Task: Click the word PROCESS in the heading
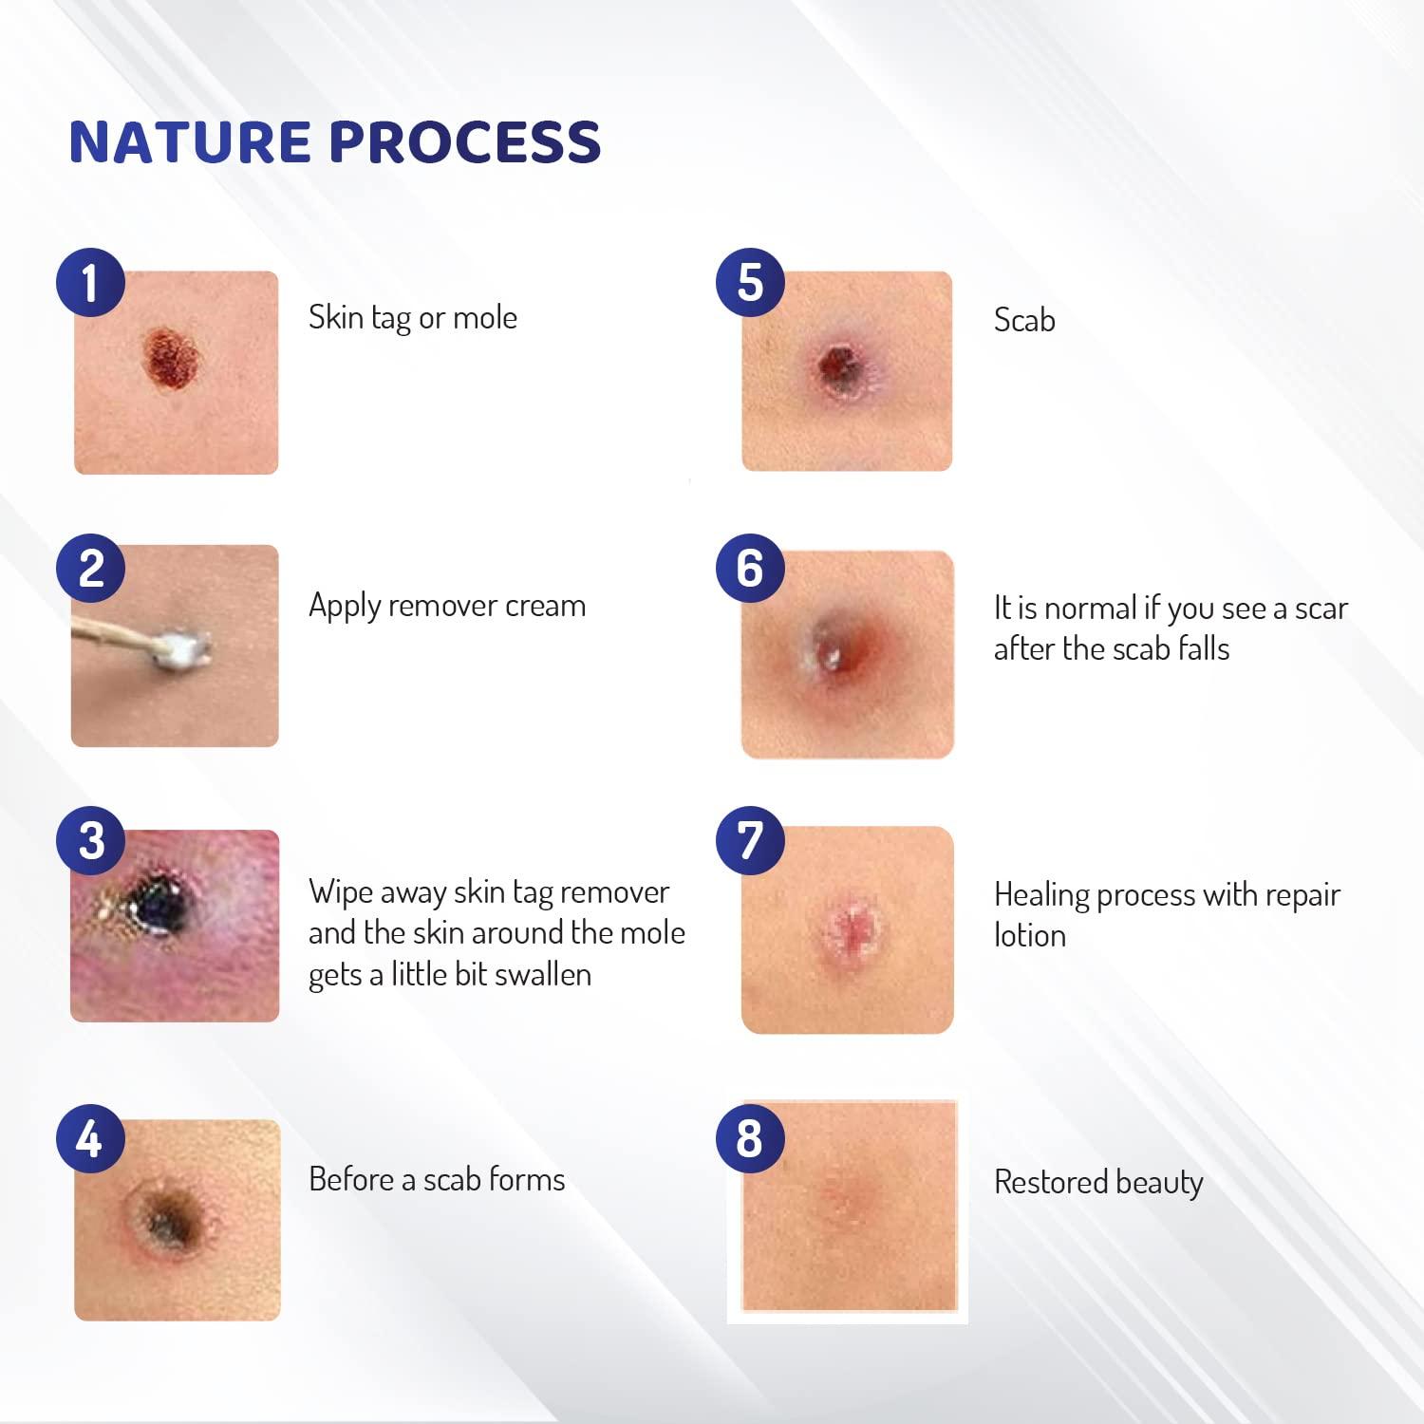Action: click(x=464, y=142)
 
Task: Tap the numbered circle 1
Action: click(x=90, y=282)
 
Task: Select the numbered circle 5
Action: click(x=750, y=282)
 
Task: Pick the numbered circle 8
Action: click(x=750, y=1137)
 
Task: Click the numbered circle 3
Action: click(x=90, y=841)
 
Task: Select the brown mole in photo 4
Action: click(x=171, y=1218)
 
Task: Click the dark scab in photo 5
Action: click(x=838, y=365)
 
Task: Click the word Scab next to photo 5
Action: click(x=1023, y=320)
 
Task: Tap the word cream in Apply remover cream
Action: click(x=545, y=606)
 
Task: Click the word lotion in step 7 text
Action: click(x=1029, y=936)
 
